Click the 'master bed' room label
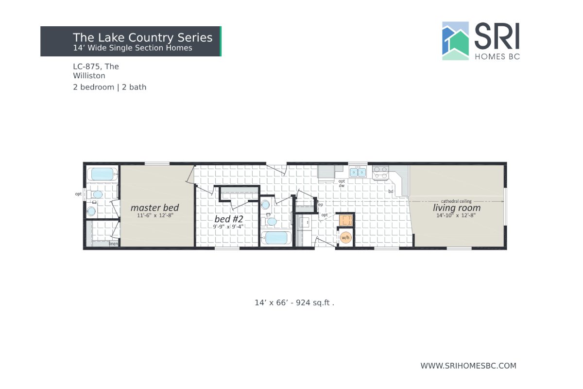154,208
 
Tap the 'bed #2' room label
228,219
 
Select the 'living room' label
457,208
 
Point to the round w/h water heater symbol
345,238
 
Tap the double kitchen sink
358,172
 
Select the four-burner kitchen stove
380,172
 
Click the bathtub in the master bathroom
103,174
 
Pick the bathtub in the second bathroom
276,238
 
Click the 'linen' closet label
114,244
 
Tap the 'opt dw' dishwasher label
342,183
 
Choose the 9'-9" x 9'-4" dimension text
228,227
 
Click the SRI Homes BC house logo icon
455,41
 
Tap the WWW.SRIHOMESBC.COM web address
468,366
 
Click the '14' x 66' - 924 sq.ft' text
294,302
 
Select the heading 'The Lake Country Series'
142,37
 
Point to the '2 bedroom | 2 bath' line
109,88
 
